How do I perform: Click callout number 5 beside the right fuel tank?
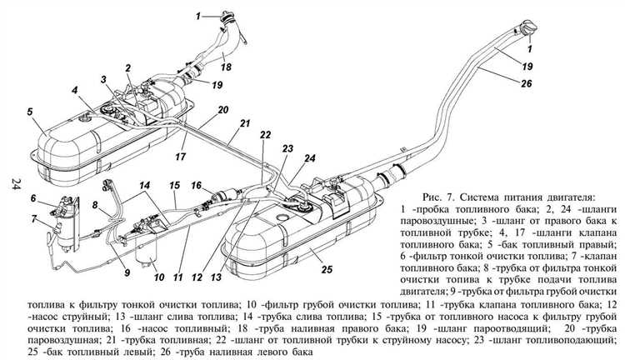click(x=29, y=111)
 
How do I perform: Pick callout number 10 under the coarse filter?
click(x=157, y=274)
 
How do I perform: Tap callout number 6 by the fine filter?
click(x=32, y=197)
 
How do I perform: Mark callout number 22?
click(x=265, y=133)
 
